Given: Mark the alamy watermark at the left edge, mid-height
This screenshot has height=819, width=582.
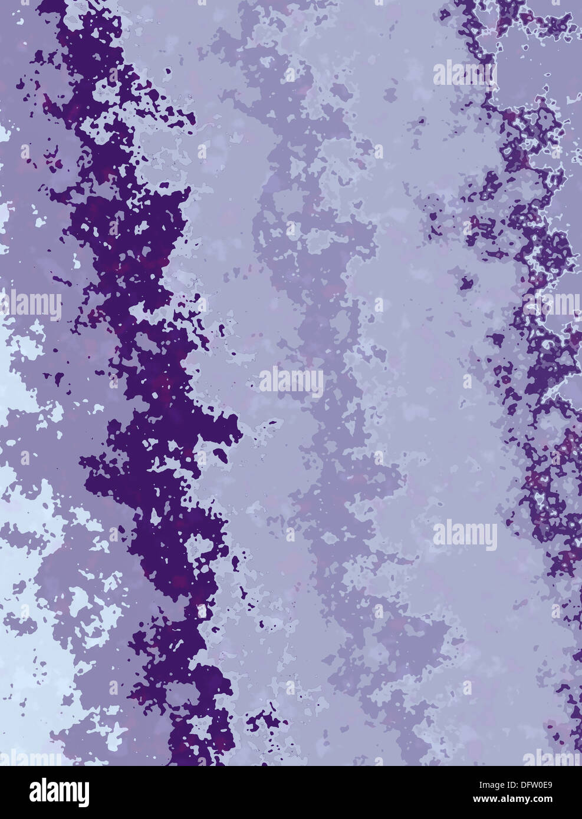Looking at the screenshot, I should point(31,305).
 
